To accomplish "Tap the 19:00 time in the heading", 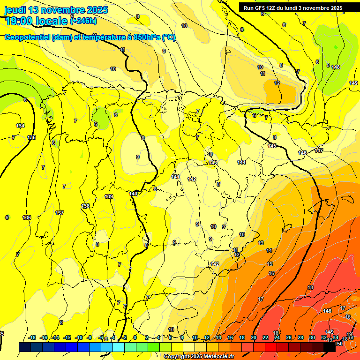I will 21,21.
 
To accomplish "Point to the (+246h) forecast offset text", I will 83,21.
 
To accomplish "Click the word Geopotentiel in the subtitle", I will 27,37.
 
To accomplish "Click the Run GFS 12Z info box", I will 293,7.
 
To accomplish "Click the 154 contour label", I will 20,126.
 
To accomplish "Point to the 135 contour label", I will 31,137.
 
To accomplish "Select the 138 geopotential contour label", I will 85,206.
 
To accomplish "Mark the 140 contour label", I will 134,194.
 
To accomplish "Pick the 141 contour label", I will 175,177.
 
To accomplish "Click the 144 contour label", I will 241,162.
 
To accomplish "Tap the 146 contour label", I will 302,153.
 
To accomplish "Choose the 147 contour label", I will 319,150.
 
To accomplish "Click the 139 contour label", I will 109,196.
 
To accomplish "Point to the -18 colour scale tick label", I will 32,337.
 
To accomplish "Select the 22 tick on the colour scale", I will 265,337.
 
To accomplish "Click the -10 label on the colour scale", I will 79,337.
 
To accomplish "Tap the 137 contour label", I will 60,213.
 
